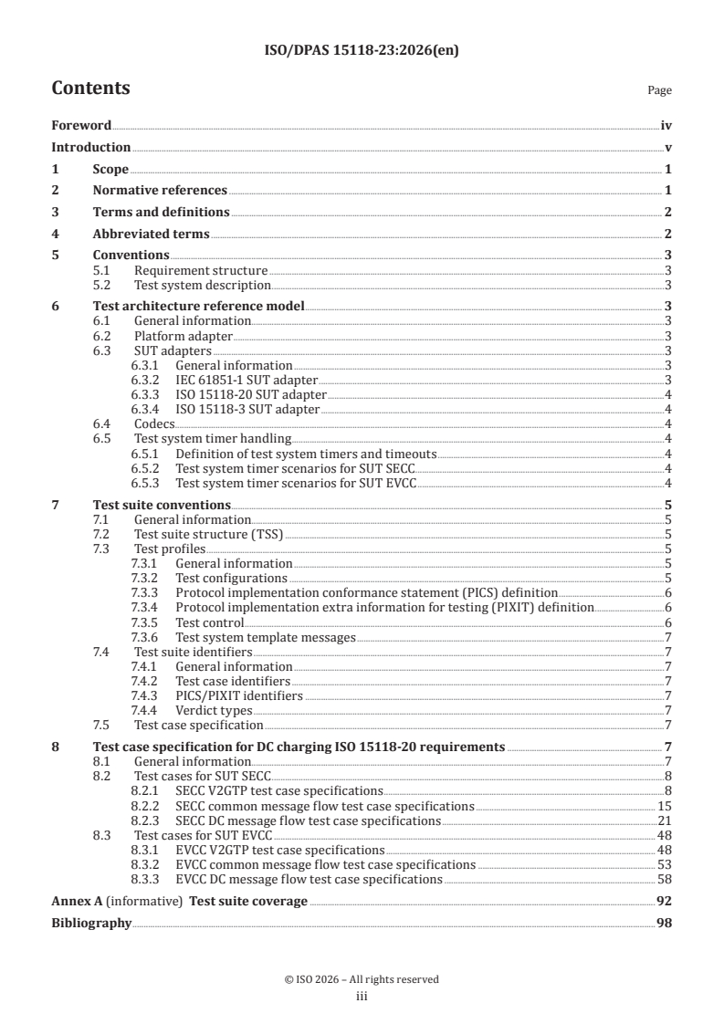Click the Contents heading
pos(90,89)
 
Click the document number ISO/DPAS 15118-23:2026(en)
pos(362,51)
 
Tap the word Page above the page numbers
pos(659,90)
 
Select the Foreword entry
pos(81,126)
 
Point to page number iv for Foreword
pos(666,126)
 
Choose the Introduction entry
pos(90,147)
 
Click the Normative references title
pos(160,190)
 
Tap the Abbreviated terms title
pos(152,234)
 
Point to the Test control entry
pos(209,622)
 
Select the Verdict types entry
pos(214,710)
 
